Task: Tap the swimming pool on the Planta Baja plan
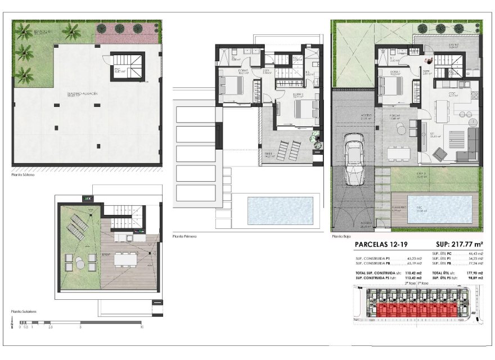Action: click(440, 209)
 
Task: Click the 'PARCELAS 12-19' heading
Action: click(382, 245)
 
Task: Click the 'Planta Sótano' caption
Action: click(23, 175)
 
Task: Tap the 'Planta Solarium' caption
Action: click(24, 310)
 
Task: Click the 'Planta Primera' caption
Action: click(184, 237)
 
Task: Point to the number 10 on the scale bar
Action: click(142, 326)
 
